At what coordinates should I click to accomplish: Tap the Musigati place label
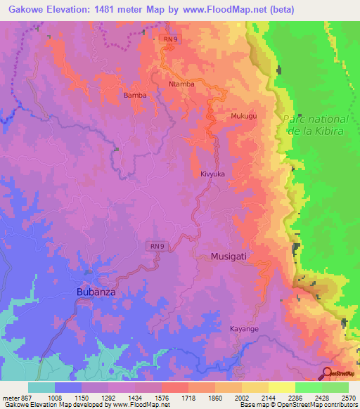click(229, 257)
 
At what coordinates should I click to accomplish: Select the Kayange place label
click(245, 328)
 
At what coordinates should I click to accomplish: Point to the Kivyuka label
click(212, 172)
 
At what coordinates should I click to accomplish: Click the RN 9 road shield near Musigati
click(156, 245)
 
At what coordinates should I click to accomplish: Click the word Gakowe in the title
click(27, 9)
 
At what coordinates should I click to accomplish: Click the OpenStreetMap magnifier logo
click(328, 373)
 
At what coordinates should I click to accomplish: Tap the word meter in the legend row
click(10, 398)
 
